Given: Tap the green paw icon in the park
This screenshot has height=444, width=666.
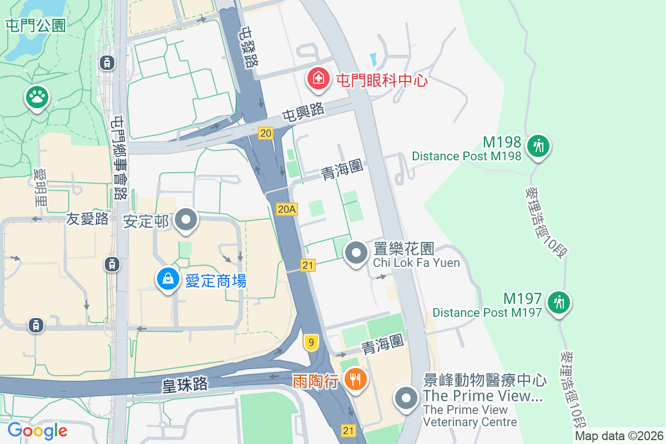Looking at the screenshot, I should click(37, 98).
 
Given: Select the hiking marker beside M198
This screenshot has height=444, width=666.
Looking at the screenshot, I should click(538, 147).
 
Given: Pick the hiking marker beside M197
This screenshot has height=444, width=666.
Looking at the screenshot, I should click(559, 302).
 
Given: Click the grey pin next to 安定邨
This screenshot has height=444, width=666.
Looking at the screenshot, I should click(186, 220).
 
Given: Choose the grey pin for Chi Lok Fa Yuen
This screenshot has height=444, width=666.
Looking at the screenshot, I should click(356, 253).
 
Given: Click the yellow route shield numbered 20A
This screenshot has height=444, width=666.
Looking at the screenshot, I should click(287, 209).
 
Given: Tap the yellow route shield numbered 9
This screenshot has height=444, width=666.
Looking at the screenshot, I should click(311, 343).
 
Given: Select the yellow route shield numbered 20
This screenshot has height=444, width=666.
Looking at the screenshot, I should click(266, 133).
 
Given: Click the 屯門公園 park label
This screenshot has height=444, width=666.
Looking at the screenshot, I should click(36, 25).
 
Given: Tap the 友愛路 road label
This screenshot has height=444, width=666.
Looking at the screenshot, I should click(88, 219).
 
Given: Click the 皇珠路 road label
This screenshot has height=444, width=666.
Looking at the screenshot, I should click(185, 384).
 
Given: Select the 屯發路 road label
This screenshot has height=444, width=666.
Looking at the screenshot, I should click(248, 47).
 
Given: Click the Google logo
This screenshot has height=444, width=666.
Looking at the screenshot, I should click(37, 431).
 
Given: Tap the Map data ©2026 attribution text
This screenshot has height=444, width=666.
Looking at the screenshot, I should click(619, 436).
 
